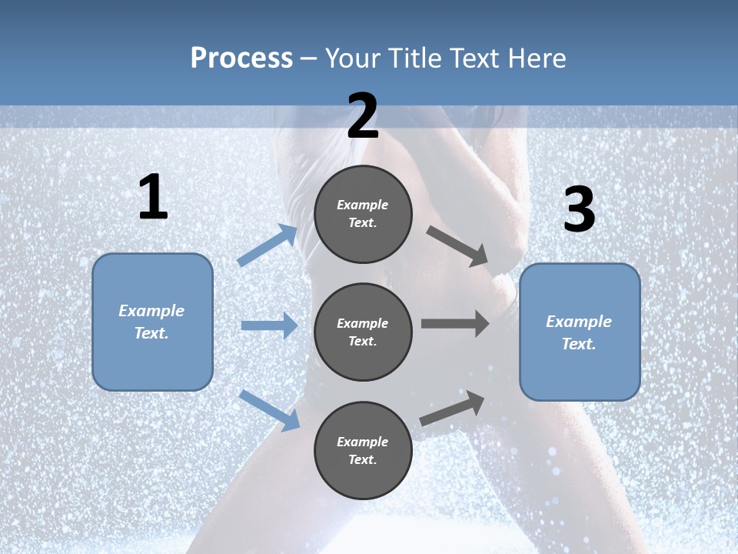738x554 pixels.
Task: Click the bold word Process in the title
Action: pos(241,58)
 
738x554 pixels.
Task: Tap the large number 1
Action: pos(153,198)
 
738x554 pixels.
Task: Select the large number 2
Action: pos(363,116)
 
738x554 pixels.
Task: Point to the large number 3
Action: pos(580,210)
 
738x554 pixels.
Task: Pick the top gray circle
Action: pos(363,214)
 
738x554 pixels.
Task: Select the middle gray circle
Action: pos(363,332)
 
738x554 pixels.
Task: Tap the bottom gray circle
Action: pos(363,450)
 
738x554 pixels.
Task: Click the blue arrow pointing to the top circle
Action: pos(268,245)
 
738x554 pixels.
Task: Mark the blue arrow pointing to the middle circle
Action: pos(269,325)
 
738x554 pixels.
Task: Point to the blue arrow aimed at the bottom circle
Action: pos(269,410)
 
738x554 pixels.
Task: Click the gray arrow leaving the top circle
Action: pos(458,246)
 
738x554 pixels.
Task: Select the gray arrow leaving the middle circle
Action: pos(455,324)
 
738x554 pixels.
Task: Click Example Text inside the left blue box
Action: pos(151,322)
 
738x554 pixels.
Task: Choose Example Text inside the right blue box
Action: pos(579,332)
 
